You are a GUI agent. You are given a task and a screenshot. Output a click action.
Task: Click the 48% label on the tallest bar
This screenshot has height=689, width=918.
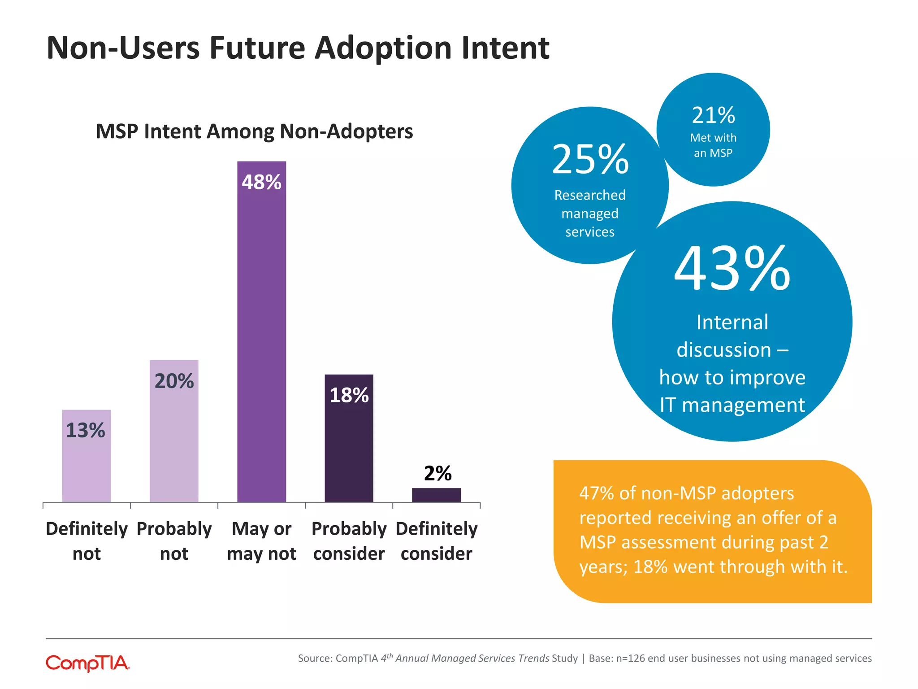261,182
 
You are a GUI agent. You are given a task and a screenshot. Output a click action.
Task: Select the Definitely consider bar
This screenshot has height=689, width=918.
436,495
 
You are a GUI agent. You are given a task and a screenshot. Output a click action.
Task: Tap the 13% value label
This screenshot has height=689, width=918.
86,431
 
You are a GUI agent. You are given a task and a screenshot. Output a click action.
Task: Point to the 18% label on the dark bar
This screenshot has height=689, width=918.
349,395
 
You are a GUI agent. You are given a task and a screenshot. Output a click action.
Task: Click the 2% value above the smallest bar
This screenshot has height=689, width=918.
437,473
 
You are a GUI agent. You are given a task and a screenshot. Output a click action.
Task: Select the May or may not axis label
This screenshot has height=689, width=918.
261,541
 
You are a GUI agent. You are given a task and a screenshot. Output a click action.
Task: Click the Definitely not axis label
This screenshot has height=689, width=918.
87,541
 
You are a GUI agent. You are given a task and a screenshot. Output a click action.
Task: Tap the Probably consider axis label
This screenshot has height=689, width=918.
349,541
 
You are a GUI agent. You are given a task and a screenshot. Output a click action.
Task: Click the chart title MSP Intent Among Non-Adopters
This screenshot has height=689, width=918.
254,131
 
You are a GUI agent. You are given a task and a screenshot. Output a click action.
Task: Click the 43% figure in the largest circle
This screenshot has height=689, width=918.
732,269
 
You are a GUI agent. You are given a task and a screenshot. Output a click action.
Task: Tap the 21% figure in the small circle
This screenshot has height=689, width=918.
713,115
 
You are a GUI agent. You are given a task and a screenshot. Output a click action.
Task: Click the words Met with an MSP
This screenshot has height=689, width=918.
713,145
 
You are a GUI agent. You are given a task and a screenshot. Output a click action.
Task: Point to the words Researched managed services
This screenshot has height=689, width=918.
590,214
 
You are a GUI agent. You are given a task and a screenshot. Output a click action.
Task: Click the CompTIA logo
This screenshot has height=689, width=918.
88,663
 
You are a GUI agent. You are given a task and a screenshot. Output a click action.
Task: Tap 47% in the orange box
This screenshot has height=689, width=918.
596,493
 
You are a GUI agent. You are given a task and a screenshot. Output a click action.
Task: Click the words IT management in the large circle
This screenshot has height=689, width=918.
732,405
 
